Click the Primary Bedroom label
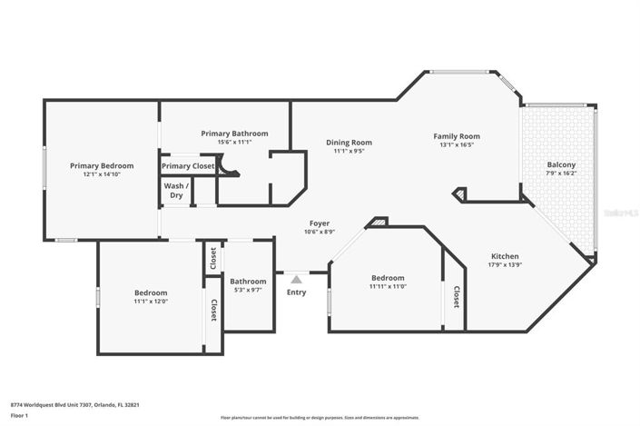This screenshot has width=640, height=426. coord(102,166)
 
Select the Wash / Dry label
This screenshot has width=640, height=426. coord(173,192)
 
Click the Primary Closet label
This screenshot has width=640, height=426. coord(188,166)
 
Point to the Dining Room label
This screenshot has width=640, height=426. coord(350,142)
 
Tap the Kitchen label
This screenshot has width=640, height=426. coord(506,255)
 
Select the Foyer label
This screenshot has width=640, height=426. coord(319,223)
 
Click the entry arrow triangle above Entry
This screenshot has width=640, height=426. coord(296,280)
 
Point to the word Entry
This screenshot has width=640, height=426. coord(296,292)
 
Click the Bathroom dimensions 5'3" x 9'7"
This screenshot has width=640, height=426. coord(248,291)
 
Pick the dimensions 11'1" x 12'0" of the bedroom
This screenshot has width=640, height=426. coord(151,302)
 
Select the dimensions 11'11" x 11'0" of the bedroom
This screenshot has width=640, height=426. coord(388,287)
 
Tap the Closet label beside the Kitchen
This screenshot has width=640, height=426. coord(456,296)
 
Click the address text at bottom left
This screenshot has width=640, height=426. coord(74,405)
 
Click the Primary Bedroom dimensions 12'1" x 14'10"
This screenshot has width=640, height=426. coord(102,174)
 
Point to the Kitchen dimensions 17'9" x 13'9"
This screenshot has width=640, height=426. coord(506,264)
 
